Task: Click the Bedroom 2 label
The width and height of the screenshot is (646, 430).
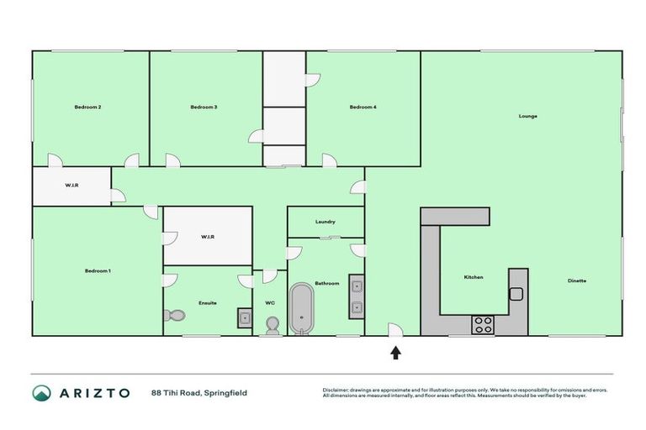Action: point(87,107)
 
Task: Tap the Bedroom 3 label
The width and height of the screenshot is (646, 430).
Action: point(204,107)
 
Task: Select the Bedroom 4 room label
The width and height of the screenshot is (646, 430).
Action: point(363,107)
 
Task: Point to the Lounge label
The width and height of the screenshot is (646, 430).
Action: point(527,116)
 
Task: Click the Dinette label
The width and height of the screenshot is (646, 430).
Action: point(576,281)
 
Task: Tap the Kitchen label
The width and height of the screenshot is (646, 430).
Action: point(474,277)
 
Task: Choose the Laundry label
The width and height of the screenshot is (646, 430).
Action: point(326,222)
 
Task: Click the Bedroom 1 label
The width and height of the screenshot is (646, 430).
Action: point(98,271)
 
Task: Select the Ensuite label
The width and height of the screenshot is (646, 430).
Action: point(208,302)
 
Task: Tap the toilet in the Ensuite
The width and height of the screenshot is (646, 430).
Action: point(175,316)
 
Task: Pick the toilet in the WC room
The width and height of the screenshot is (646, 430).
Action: point(272,325)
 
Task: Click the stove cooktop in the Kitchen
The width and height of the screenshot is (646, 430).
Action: point(484,324)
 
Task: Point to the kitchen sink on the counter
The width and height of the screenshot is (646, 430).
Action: point(516,294)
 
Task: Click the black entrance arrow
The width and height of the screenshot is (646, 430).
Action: point(395,353)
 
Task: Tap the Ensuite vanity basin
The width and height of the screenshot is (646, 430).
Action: point(244,317)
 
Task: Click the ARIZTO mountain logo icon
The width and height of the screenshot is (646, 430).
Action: point(41,393)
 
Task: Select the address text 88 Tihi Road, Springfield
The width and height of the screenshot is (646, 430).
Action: point(199,392)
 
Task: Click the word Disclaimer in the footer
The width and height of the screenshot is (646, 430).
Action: point(336,390)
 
